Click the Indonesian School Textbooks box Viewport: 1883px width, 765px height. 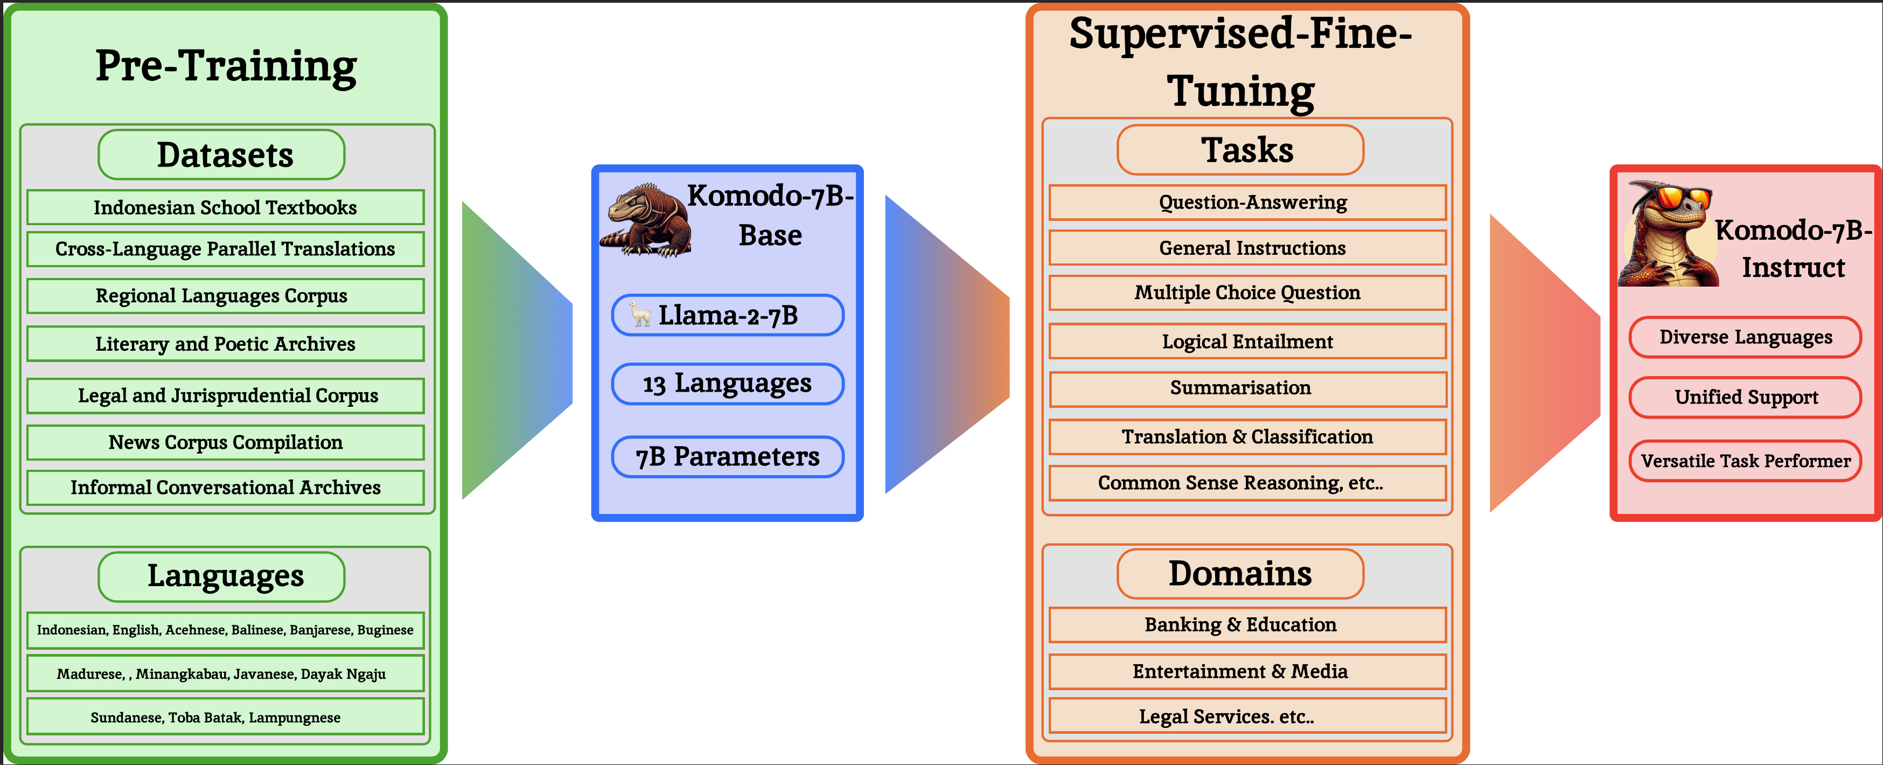click(225, 208)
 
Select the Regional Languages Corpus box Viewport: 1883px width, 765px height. click(225, 296)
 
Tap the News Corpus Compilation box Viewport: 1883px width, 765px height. click(225, 442)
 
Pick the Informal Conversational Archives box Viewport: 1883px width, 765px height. click(225, 488)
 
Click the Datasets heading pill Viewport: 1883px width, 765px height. click(221, 155)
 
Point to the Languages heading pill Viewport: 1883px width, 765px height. click(221, 576)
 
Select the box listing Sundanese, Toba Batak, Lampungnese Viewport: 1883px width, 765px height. click(225, 717)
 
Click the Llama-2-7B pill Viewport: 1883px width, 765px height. click(727, 315)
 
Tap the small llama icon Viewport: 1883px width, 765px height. click(640, 315)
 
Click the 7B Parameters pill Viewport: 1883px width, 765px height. click(727, 457)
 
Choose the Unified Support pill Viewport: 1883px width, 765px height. click(1745, 397)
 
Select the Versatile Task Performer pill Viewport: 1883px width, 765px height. click(1745, 461)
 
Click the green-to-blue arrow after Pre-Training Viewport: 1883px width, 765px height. click(516, 351)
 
